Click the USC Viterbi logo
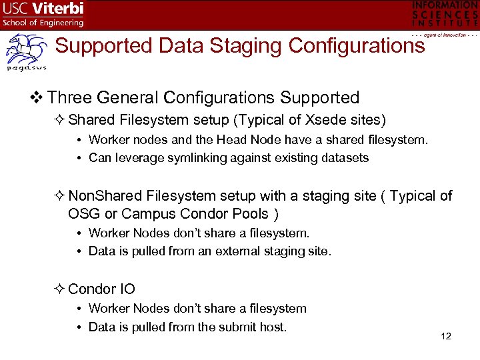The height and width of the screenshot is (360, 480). [x=43, y=14]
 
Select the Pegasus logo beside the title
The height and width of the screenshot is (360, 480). [x=26, y=53]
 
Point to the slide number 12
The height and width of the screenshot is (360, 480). [x=446, y=336]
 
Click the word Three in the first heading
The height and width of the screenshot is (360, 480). [x=70, y=97]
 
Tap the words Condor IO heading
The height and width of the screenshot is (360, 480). [x=101, y=289]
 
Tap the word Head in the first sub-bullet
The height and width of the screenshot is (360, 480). [x=234, y=139]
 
